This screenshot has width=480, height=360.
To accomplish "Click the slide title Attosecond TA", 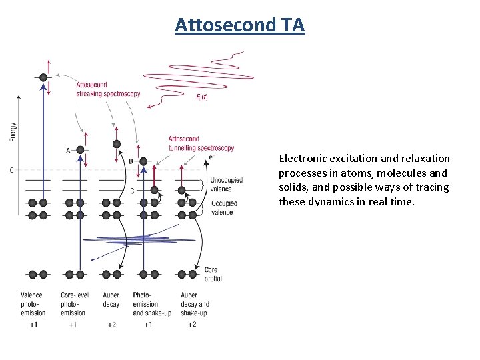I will coord(239,25).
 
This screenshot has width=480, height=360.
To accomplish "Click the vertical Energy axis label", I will coord(13,131).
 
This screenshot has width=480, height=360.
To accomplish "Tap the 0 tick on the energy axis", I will coord(11,171).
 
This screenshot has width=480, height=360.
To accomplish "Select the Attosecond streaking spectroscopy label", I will coord(108,89).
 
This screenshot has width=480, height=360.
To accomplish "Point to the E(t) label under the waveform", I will coord(202,98).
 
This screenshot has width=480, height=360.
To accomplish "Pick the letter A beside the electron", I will coord(68,151).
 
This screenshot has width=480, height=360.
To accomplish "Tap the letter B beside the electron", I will coord(131,161).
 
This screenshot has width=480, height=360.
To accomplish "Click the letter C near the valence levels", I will coord(132,191).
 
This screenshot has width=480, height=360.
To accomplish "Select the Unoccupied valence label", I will coord(226,184).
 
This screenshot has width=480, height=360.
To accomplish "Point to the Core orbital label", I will coord(213,275).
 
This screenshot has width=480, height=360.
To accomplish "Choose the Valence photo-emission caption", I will coord(31,304).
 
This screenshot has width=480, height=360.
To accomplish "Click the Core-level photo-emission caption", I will coord(72,304).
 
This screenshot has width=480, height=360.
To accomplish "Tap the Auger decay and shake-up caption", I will coord(194,304).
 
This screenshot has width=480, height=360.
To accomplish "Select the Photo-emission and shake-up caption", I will coord(147,304).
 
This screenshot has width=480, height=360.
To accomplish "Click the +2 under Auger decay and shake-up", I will coord(192,325).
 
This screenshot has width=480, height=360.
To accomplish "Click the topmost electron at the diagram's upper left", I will coord(43,77).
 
